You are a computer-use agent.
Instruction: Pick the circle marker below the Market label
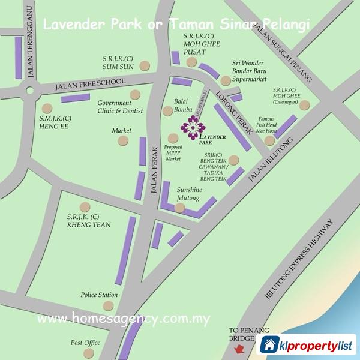point(123,141)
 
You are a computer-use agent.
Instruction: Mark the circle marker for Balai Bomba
point(167,111)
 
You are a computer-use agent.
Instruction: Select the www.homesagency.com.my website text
point(124,318)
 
